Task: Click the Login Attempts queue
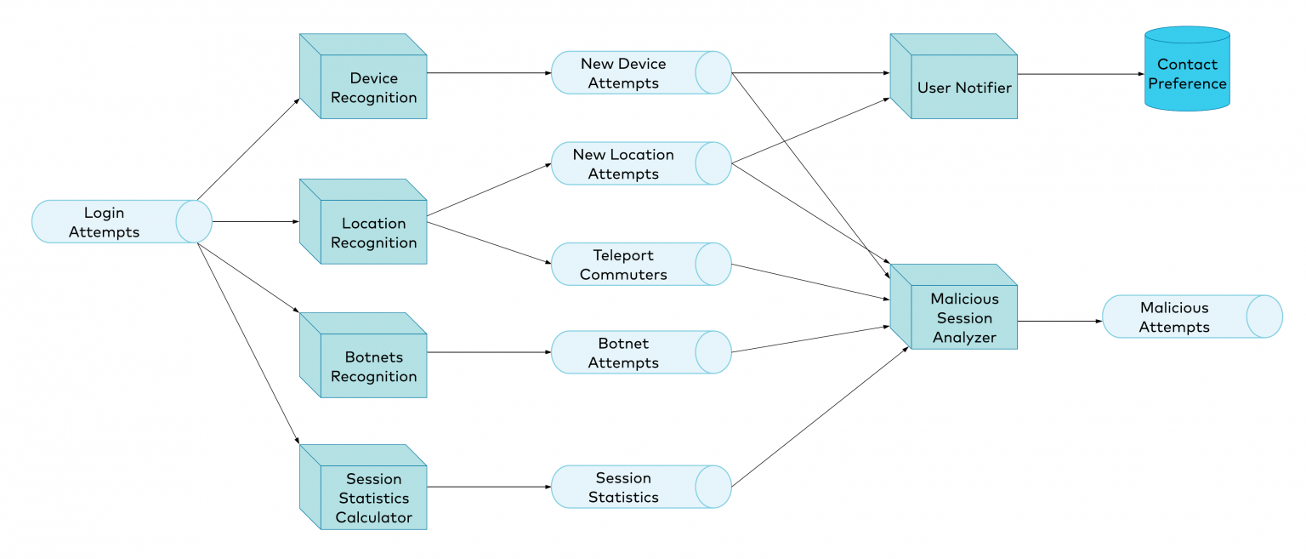[111, 221]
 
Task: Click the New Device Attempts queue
[629, 73]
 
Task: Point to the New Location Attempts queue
[629, 164]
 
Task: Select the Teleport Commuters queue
[629, 265]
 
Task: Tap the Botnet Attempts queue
[629, 353]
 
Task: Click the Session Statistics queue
[629, 488]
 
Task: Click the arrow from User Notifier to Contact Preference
[1080, 74]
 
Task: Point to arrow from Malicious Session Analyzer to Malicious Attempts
[1059, 322]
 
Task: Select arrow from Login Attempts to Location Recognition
[255, 221]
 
